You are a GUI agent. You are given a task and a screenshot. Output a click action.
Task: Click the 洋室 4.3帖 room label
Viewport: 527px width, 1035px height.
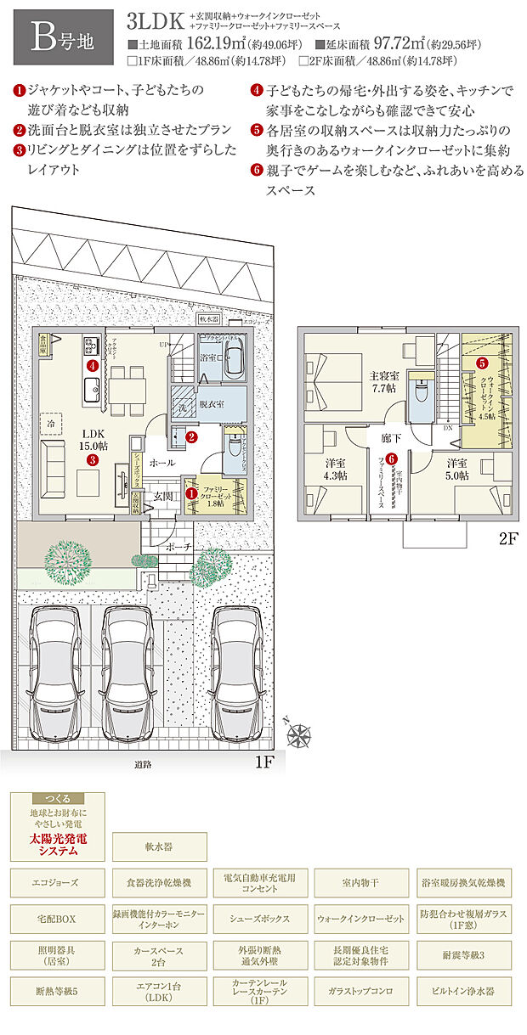pos(334,469)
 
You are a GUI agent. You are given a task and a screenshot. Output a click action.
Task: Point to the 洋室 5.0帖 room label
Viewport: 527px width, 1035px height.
pos(456,469)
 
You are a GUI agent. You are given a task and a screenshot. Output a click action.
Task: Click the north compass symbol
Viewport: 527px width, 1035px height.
pos(300,735)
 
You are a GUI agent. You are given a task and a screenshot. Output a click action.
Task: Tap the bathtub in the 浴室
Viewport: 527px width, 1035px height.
pos(234,365)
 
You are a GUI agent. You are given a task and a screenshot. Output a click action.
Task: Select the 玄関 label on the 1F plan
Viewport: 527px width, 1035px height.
pos(163,495)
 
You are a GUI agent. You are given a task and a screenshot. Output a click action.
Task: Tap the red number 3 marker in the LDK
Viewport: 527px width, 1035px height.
pos(92,459)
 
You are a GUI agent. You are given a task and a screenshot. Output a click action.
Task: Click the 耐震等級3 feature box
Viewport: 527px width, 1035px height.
pos(462,955)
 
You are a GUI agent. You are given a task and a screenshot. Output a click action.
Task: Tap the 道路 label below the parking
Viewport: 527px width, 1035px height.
pos(142,764)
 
